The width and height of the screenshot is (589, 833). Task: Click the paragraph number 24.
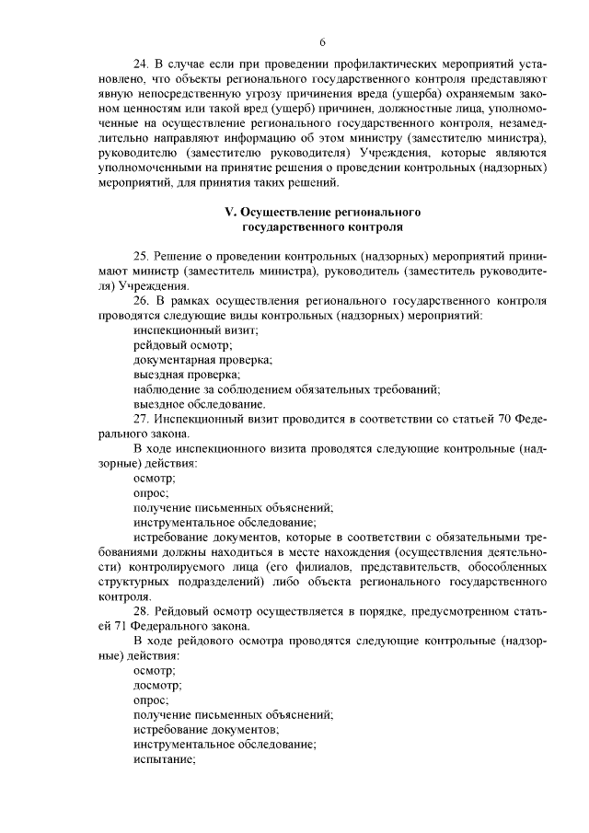point(141,66)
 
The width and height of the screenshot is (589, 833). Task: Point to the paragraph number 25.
point(141,255)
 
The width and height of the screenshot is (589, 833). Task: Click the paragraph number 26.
point(141,300)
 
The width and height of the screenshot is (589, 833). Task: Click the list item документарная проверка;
point(202,359)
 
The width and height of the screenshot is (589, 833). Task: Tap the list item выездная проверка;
point(187,374)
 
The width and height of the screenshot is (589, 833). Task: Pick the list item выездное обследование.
point(200,403)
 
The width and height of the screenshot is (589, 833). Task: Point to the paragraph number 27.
point(141,419)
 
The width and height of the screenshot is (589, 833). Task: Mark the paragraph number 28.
point(141,611)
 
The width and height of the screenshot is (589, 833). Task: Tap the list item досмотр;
point(157,685)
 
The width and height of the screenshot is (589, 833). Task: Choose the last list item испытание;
point(165,758)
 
